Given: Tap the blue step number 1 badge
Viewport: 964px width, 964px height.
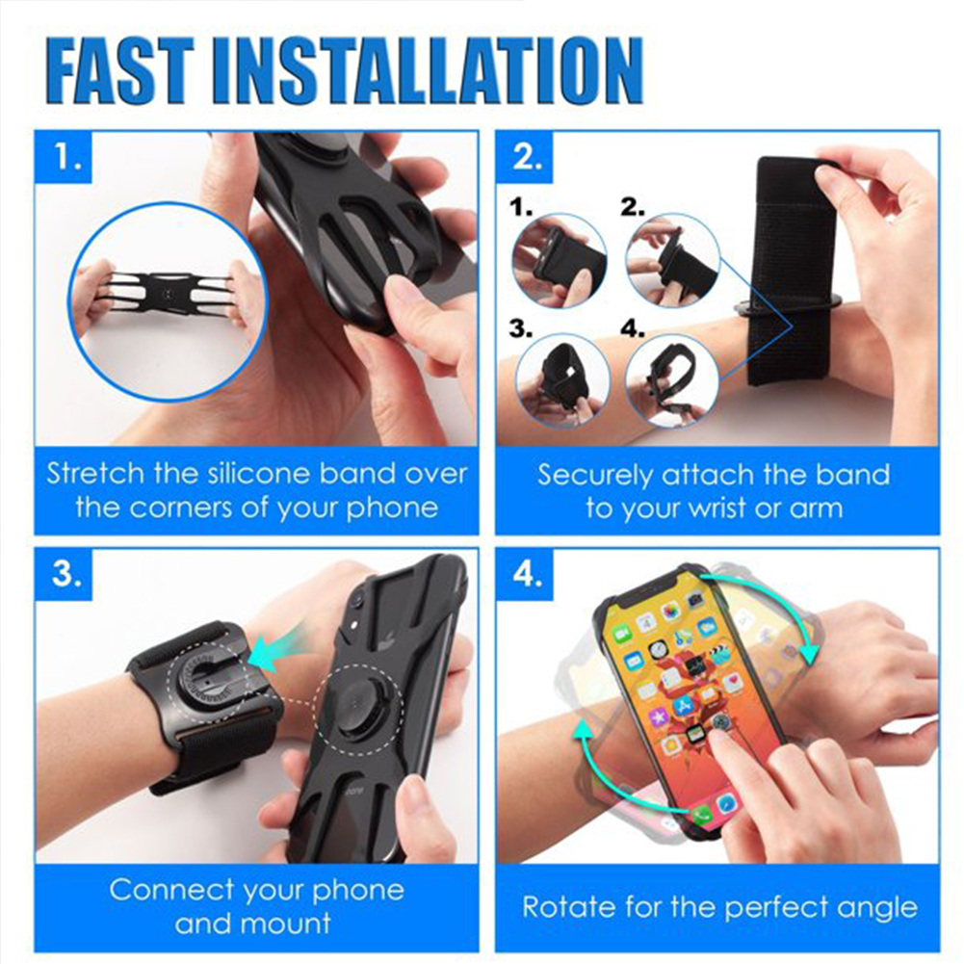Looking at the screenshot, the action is coord(64,156).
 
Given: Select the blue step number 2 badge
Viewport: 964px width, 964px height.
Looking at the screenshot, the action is coord(525,156).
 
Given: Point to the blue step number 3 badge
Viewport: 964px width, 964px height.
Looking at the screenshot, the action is coord(64,574).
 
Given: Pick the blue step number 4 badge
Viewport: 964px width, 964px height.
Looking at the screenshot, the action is coord(525,574).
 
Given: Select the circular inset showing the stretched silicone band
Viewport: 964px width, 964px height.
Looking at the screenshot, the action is coord(168,300).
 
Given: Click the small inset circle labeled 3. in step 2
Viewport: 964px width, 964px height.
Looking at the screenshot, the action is coord(562,381).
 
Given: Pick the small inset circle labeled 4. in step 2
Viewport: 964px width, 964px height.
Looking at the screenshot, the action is coord(672,381).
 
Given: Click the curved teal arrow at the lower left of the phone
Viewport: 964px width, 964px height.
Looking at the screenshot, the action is coord(609,774).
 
